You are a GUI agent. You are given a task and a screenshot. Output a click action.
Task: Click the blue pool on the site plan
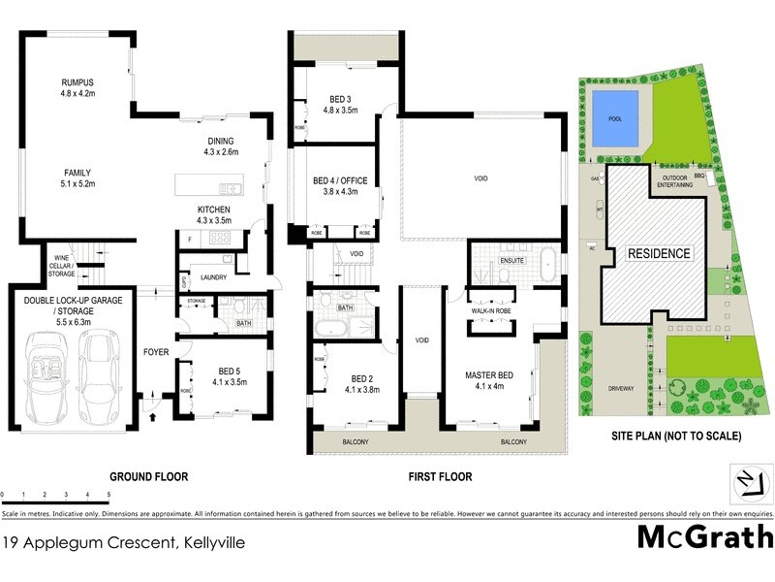coord(614,119)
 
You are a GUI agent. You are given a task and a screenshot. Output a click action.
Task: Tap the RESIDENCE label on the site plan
coord(659,253)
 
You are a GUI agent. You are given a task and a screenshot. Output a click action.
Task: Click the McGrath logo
coord(704,536)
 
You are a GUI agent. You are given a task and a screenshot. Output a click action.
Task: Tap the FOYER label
coord(156,353)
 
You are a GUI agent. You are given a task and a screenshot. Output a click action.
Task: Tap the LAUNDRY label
coord(213,277)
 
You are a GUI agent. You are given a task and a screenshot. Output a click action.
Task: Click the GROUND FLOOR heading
coord(148,477)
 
